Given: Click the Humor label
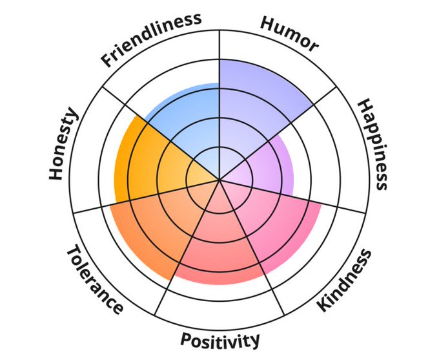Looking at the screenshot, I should coord(289,33).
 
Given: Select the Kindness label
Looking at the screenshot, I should coord(345,281).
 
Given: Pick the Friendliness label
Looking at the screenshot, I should coord(151,39).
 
